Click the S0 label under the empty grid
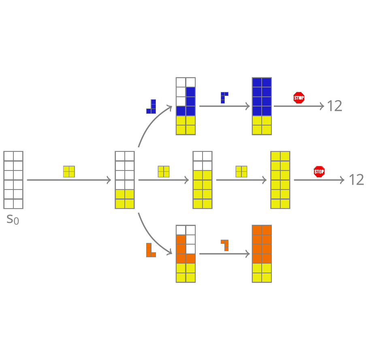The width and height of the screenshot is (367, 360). click(x=13, y=219)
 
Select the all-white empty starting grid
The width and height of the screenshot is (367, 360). click(x=13, y=180)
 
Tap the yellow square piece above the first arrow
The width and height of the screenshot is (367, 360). click(x=69, y=172)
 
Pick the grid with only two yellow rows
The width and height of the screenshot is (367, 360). click(x=125, y=180)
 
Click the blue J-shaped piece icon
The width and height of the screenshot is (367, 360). click(x=151, y=107)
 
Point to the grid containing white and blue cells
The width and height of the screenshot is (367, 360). click(x=186, y=106)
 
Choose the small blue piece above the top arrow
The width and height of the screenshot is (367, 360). click(x=224, y=98)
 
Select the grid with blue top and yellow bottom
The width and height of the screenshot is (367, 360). click(x=262, y=106)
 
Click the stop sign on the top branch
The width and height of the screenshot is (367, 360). click(x=299, y=98)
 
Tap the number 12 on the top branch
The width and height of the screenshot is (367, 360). click(x=334, y=106)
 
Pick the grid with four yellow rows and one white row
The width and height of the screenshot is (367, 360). click(x=203, y=180)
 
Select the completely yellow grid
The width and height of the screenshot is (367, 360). click(x=280, y=180)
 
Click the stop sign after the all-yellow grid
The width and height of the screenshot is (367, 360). click(x=319, y=172)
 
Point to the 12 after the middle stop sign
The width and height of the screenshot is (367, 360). click(x=356, y=180)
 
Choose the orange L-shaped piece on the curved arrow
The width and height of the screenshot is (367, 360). click(x=151, y=250)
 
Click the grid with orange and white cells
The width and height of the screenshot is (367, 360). click(x=186, y=253)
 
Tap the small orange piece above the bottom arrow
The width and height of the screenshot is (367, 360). click(x=225, y=245)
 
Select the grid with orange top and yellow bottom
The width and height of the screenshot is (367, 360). click(x=262, y=253)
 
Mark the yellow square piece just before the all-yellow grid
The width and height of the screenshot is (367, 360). click(x=241, y=172)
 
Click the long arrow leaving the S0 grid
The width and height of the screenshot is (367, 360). click(x=69, y=180)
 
